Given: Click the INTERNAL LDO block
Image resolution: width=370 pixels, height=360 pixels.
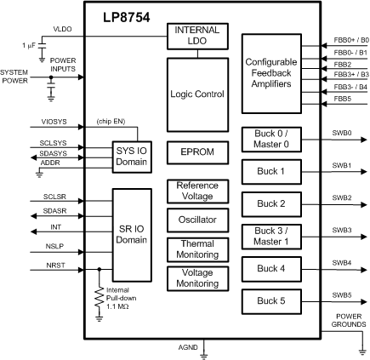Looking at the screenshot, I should point(196,37).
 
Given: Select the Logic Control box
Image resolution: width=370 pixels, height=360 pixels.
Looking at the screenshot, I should point(196,94).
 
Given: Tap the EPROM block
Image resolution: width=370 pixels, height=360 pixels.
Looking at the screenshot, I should point(196,151).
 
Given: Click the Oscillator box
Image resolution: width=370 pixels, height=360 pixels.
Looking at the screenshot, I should point(196,220).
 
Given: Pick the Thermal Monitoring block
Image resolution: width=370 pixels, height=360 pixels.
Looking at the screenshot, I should point(196,248).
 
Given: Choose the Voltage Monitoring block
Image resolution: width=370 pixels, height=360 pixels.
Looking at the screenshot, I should point(196,277).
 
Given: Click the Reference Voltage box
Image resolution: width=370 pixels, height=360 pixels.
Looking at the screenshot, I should point(196,191).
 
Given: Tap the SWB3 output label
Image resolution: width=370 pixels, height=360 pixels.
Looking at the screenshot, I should point(342,230).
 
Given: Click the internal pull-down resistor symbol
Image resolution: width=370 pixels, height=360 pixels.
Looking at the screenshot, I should point(100,293).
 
